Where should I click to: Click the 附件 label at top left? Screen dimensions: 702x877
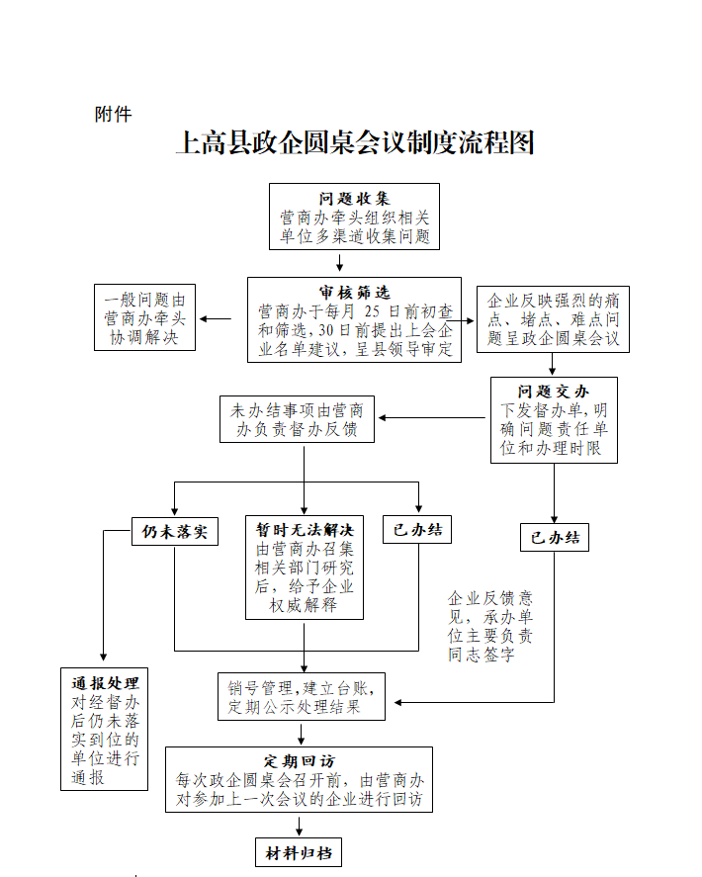(x=113, y=114)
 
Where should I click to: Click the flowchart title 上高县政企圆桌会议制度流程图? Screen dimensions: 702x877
(x=356, y=142)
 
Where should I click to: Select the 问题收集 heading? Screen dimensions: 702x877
(x=354, y=199)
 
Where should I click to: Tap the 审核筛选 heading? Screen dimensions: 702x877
(x=354, y=292)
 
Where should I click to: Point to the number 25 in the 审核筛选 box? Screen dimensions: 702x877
(x=372, y=311)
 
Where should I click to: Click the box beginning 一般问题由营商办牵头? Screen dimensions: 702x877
(x=145, y=317)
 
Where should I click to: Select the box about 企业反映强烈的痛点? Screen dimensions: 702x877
(x=553, y=319)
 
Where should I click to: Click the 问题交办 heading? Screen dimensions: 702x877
(x=553, y=392)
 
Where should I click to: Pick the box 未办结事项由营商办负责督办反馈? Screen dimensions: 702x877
(x=297, y=419)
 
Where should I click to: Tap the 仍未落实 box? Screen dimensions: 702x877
(x=175, y=531)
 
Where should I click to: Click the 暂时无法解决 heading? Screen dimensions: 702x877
(x=305, y=530)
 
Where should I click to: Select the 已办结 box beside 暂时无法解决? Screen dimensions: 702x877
(x=417, y=530)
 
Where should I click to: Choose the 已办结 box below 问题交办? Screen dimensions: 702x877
(x=555, y=538)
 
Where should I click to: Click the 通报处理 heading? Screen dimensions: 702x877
(x=105, y=683)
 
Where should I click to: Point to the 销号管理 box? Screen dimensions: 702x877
(x=302, y=697)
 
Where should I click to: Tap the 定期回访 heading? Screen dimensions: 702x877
(x=300, y=761)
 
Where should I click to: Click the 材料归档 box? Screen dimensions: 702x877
(x=299, y=852)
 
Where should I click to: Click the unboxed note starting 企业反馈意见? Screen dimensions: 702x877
(x=490, y=627)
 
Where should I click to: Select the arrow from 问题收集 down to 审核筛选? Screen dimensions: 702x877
(x=339, y=262)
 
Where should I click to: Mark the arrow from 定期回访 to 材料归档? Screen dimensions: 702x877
(x=300, y=827)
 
